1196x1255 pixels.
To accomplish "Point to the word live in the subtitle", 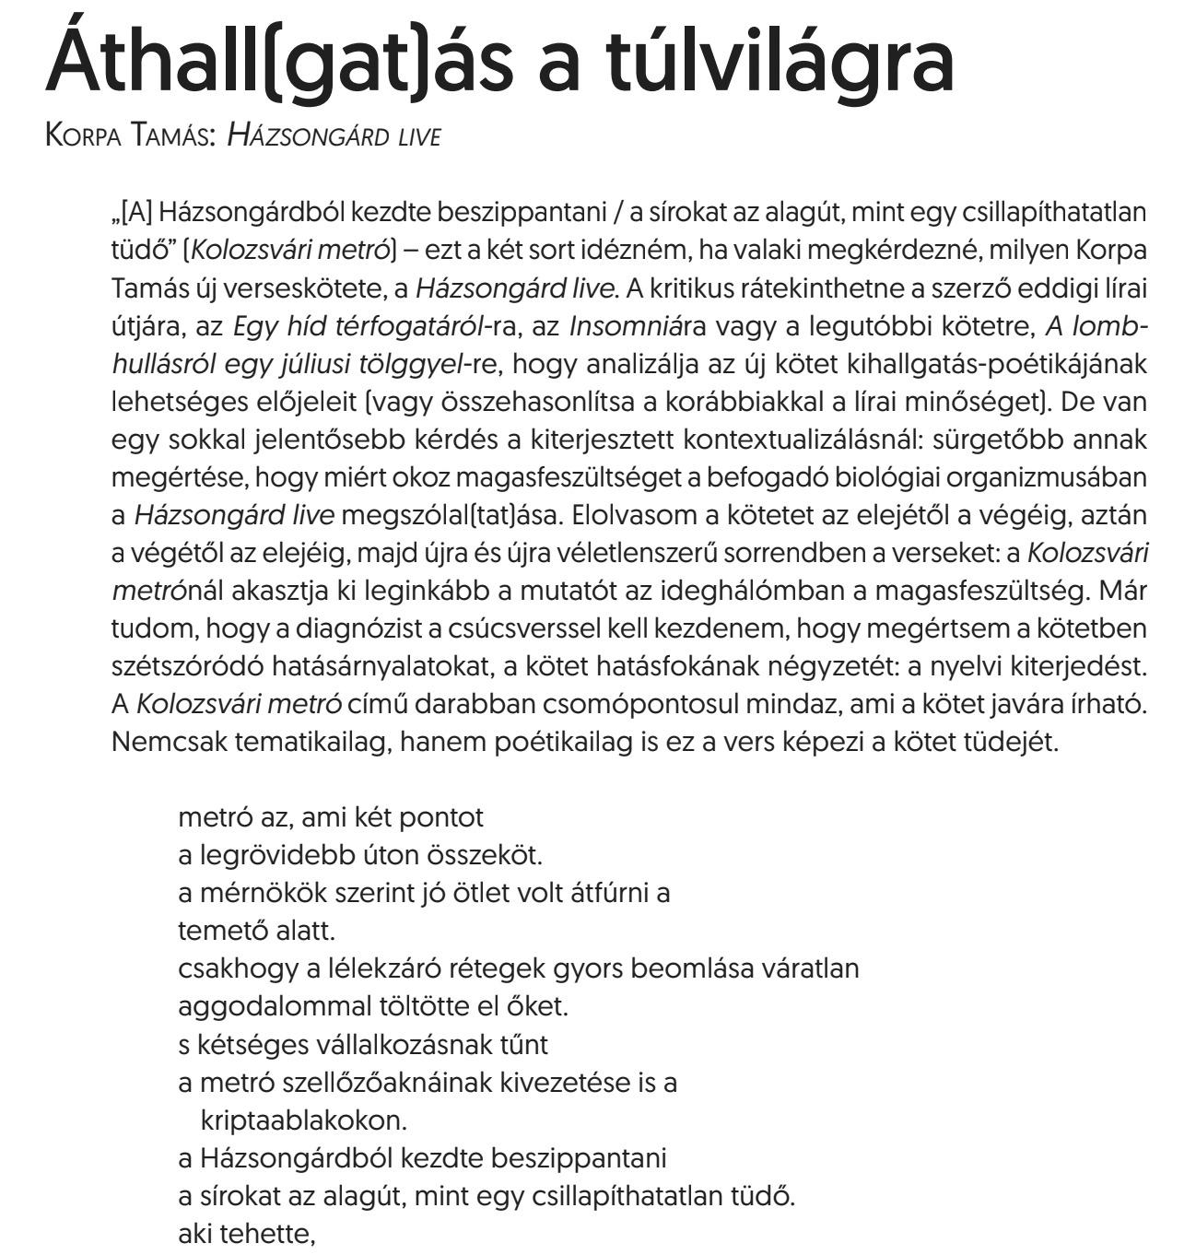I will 419,136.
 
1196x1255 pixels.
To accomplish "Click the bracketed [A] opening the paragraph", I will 130,212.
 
